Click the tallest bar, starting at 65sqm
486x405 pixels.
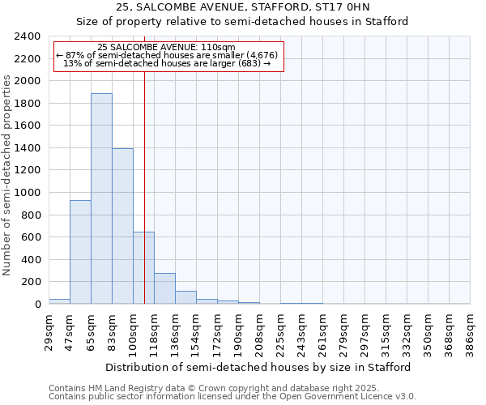(101, 198)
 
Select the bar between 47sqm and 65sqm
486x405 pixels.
(80, 252)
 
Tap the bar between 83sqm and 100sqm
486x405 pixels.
(122, 226)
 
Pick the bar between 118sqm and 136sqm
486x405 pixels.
(164, 288)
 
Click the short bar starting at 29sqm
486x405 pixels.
(59, 301)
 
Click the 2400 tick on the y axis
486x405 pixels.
(27, 36)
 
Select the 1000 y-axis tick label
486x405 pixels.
(27, 193)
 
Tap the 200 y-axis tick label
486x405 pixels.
(30, 282)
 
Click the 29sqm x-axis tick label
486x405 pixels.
(49, 330)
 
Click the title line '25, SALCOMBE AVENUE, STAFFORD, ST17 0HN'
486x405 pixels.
(242, 7)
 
